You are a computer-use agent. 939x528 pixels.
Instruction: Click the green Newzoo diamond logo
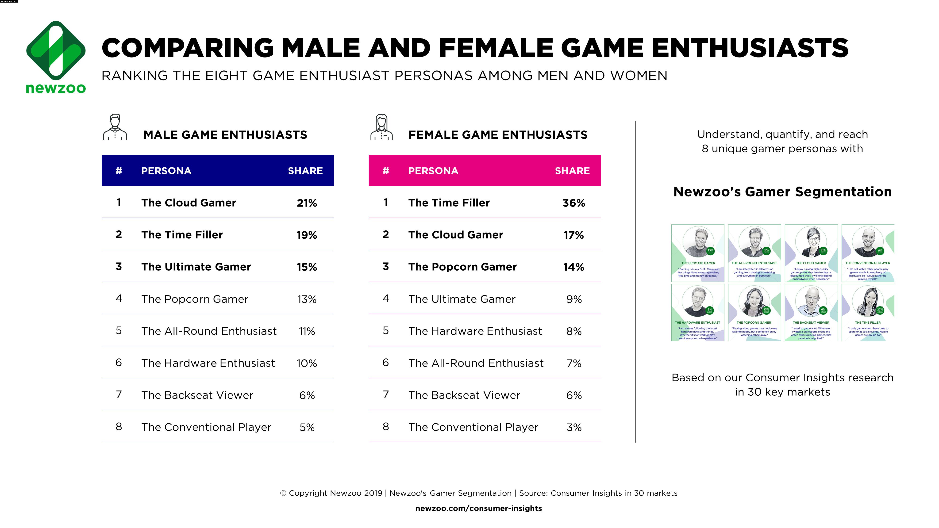tap(56, 51)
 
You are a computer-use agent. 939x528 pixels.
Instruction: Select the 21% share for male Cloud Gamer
tap(307, 203)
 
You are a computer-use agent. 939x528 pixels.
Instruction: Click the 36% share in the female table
tap(573, 203)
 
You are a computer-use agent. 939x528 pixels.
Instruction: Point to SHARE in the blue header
tap(305, 171)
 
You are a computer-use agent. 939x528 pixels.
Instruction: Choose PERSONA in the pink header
tap(433, 171)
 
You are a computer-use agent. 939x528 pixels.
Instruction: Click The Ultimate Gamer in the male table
tap(196, 267)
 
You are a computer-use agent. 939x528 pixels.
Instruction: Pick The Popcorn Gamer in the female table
tap(462, 267)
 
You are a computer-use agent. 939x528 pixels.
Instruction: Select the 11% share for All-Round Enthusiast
tap(307, 331)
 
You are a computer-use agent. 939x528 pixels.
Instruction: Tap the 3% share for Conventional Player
tap(574, 427)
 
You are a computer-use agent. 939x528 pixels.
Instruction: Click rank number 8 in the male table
tap(119, 427)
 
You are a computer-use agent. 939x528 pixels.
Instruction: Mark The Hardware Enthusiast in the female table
tap(475, 331)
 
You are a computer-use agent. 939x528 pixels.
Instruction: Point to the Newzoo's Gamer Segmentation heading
tap(782, 192)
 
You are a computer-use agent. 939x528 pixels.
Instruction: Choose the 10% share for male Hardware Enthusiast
tap(307, 363)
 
